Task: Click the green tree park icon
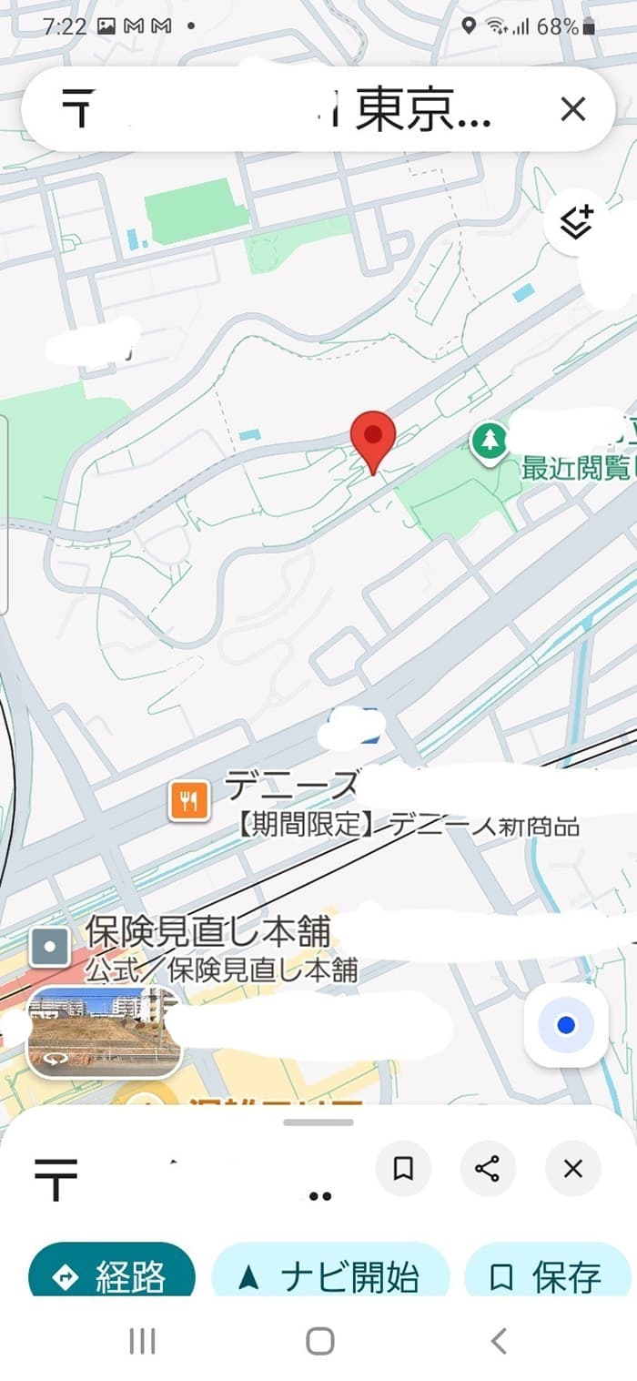490,442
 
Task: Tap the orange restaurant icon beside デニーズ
189,800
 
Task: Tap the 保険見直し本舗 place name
207,930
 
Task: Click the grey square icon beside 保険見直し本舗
50,948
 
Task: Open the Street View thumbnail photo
104,1031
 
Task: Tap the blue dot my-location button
566,1025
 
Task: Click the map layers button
576,222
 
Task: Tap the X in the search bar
573,110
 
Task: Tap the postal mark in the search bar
79,109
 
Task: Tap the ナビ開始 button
331,1276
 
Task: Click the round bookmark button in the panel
403,1169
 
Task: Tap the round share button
488,1169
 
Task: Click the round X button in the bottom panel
572,1169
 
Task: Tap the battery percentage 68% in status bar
557,27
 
